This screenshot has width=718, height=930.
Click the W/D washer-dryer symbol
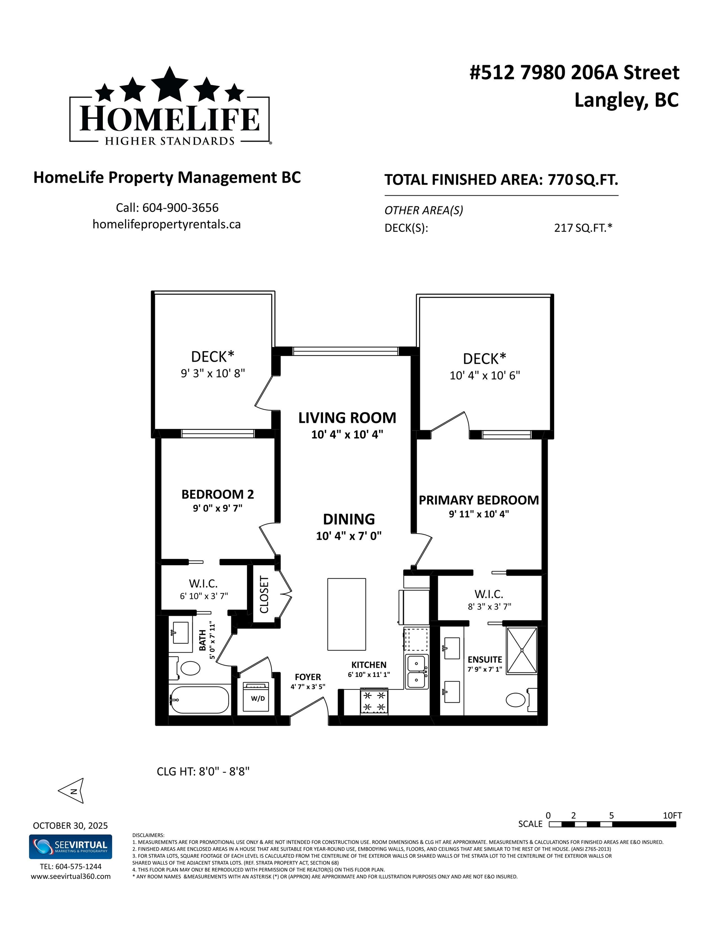click(256, 697)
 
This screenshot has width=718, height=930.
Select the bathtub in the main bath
click(199, 700)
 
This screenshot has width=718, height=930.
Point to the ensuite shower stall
click(522, 651)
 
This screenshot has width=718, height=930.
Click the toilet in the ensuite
click(522, 700)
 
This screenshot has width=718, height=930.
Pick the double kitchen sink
click(416, 672)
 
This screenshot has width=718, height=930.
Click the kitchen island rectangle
click(346, 614)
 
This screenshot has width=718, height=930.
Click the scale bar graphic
click(612, 824)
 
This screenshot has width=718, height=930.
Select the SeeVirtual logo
click(71, 846)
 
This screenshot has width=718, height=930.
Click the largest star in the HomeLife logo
click(170, 84)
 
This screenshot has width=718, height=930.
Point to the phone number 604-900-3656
click(180, 208)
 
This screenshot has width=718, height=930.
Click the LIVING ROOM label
click(347, 418)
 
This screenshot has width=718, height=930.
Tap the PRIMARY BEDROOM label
click(479, 500)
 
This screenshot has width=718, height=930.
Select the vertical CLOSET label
click(264, 595)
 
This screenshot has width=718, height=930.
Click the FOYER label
click(308, 677)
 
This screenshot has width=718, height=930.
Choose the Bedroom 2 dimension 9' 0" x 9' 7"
click(217, 508)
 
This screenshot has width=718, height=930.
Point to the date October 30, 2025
click(70, 826)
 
